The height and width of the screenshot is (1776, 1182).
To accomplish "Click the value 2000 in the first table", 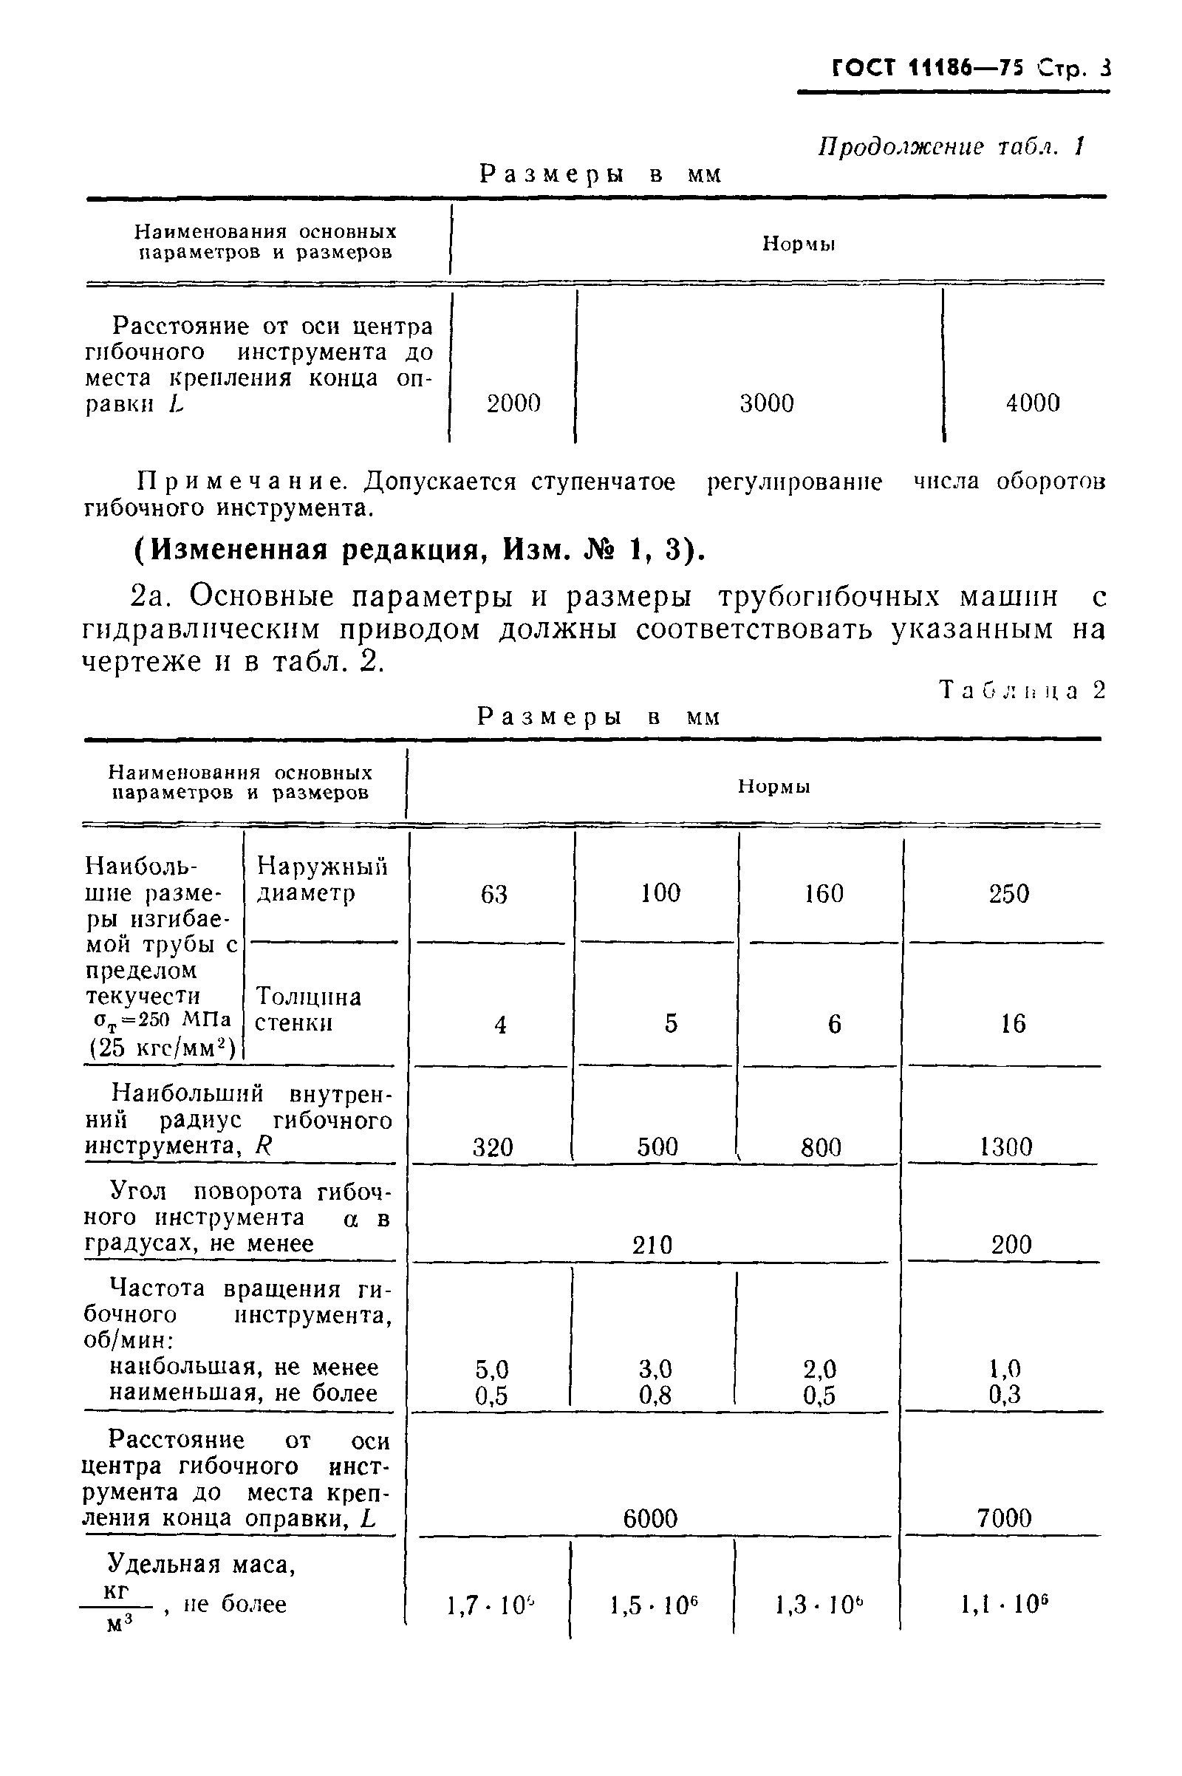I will (513, 403).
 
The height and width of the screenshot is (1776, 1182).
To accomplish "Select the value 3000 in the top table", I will (767, 403).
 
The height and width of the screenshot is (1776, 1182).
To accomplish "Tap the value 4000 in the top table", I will (1033, 403).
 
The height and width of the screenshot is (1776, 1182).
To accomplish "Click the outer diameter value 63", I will (494, 894).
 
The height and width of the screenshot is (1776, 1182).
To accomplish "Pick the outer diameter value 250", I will (1008, 894).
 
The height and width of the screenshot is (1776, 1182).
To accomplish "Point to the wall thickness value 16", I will (1013, 1024).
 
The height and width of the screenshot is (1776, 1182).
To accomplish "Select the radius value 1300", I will (1005, 1147).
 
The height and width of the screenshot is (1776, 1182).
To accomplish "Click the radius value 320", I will (493, 1147).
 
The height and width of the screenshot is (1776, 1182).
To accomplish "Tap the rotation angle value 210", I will (652, 1245).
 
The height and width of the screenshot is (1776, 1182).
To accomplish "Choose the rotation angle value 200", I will (1011, 1245).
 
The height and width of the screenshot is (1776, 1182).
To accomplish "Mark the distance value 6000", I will (651, 1518).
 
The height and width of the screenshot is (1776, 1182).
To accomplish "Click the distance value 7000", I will (1004, 1518).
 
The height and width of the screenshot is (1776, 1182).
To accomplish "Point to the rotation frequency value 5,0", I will (492, 1369).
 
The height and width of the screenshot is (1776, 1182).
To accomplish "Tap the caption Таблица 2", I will (1022, 691).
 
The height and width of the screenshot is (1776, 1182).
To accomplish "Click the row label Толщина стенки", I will (307, 1010).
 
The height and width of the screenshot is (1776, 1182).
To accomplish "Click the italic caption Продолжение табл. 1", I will (952, 146).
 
